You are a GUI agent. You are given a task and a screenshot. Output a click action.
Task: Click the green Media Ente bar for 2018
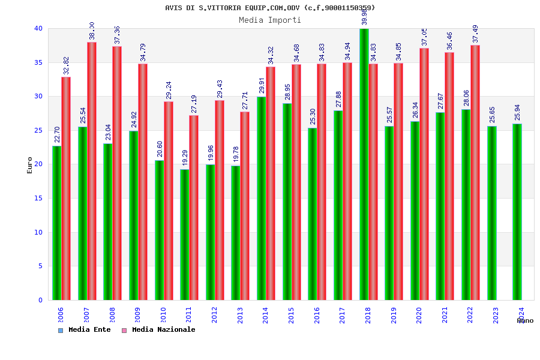click(364, 165)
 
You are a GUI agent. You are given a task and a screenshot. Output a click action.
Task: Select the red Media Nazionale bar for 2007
click(92, 171)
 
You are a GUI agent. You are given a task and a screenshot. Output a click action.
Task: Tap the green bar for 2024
click(517, 212)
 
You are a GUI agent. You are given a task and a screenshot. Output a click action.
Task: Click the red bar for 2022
click(475, 173)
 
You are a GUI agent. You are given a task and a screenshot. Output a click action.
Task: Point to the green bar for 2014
click(262, 199)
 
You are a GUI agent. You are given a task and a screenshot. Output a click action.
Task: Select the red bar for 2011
click(194, 208)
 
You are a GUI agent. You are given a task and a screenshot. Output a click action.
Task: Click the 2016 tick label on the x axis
click(317, 315)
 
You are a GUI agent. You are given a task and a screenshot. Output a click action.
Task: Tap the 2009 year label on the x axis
click(137, 315)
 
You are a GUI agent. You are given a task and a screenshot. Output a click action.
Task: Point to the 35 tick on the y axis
click(38, 62)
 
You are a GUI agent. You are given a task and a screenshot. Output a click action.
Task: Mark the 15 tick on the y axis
click(38, 198)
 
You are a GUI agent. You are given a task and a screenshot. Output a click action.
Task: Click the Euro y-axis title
click(30, 165)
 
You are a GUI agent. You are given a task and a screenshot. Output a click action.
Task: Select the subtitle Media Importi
click(269, 20)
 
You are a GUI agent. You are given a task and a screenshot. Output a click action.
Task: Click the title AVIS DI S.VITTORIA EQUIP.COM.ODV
click(269, 8)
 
